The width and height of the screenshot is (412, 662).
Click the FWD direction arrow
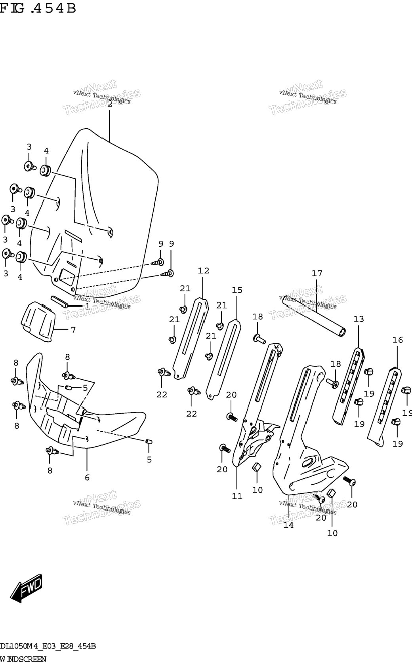[26, 588]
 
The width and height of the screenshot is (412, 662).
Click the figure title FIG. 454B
[38, 8]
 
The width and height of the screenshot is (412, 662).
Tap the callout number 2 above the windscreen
[110, 104]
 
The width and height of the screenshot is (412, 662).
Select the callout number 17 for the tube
[317, 273]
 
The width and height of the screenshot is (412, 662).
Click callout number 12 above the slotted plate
[204, 270]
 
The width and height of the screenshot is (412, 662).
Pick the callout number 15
[237, 290]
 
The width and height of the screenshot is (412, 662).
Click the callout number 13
[359, 319]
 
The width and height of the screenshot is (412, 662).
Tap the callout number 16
[398, 340]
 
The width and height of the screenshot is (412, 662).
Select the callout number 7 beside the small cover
[73, 329]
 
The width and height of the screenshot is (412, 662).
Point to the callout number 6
[87, 477]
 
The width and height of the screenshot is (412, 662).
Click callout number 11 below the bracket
[237, 496]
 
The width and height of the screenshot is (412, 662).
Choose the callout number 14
[288, 525]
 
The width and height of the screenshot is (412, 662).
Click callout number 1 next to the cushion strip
[87, 306]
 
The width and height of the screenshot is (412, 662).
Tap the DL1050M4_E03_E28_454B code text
[48, 646]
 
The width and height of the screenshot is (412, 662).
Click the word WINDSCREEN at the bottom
[23, 658]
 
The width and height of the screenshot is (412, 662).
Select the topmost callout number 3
[29, 147]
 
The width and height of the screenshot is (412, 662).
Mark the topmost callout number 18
[257, 316]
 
